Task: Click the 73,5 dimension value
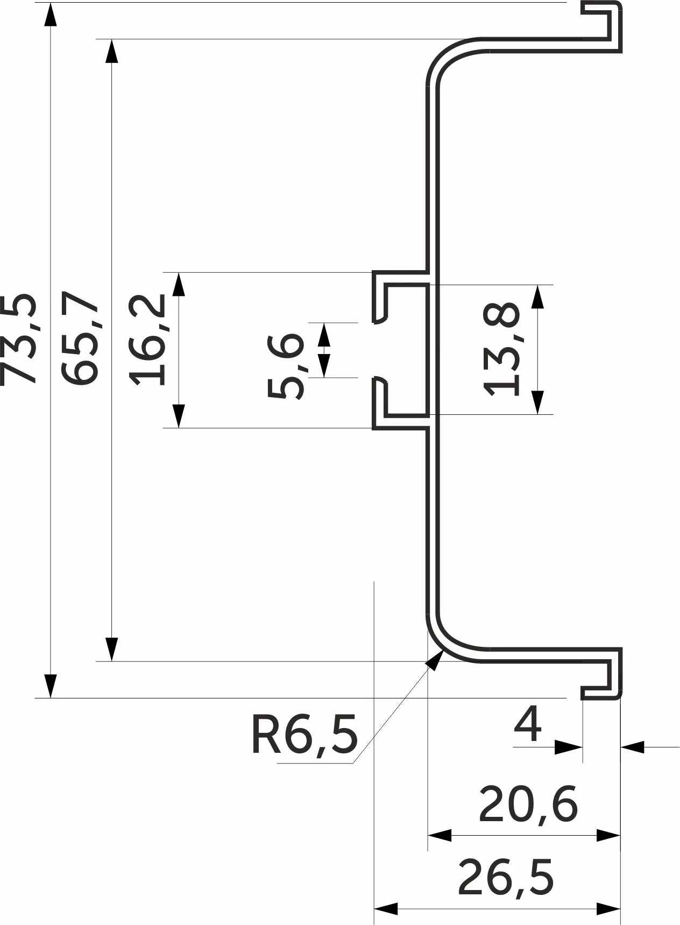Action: pyautogui.click(x=19, y=339)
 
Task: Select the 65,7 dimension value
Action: pyautogui.click(x=80, y=337)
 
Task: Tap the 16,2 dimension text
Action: pyautogui.click(x=147, y=339)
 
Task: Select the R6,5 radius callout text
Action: pyautogui.click(x=304, y=735)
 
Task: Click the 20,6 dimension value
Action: pyautogui.click(x=528, y=804)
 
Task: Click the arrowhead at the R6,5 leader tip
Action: pyautogui.click(x=434, y=659)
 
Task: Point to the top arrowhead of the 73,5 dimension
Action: pyautogui.click(x=50, y=16)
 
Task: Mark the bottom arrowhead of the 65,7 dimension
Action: pyautogui.click(x=111, y=649)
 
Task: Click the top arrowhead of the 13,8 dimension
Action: pyautogui.click(x=537, y=297)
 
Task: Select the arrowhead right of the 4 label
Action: pyautogui.click(x=633, y=746)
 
